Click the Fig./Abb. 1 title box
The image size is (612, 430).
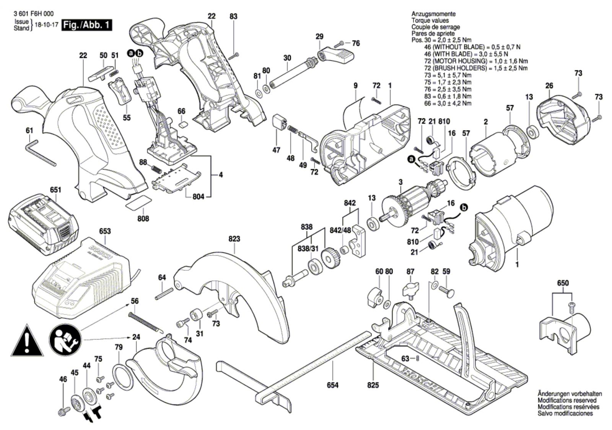[x=87, y=26]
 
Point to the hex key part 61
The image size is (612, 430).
[x=40, y=152]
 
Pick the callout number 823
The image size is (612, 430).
[x=234, y=239]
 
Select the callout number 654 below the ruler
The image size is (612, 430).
[x=332, y=385]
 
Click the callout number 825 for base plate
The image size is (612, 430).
[x=373, y=385]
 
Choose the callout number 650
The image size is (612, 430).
[x=563, y=283]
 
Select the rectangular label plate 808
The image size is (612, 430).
[x=139, y=202]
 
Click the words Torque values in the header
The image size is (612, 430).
[x=430, y=20]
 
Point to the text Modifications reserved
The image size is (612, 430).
[x=567, y=400]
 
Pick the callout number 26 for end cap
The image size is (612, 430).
[x=549, y=86]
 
